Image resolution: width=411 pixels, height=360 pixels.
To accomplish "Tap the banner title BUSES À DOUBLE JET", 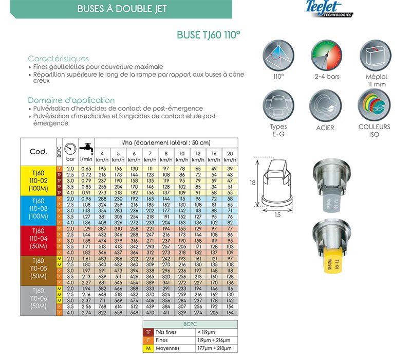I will [122, 9].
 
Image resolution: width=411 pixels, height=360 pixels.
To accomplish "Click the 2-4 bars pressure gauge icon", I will [327, 57].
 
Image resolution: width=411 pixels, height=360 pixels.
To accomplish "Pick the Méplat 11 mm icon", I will [373, 57].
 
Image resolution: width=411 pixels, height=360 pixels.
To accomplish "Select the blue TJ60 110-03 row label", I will [39, 208].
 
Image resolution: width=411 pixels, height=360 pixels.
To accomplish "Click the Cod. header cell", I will [39, 151].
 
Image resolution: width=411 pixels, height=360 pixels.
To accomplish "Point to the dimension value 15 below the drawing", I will [277, 214].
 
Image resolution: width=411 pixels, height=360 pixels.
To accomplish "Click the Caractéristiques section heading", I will [58, 59].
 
